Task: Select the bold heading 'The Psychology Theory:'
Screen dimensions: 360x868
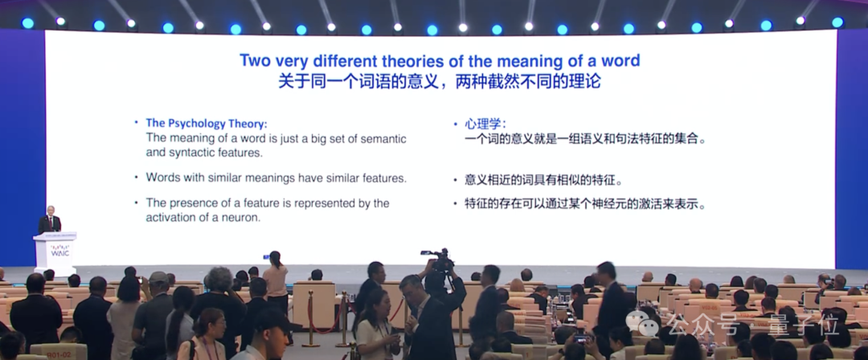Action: (206, 123)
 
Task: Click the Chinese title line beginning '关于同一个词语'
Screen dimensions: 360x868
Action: (440, 82)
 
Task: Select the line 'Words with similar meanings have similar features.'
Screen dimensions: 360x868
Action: (276, 178)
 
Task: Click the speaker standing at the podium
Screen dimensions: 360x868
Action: (50, 221)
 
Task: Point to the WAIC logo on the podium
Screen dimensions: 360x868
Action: (55, 250)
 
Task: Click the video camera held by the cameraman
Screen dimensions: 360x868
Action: (438, 258)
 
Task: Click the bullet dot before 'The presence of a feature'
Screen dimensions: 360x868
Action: (137, 203)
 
